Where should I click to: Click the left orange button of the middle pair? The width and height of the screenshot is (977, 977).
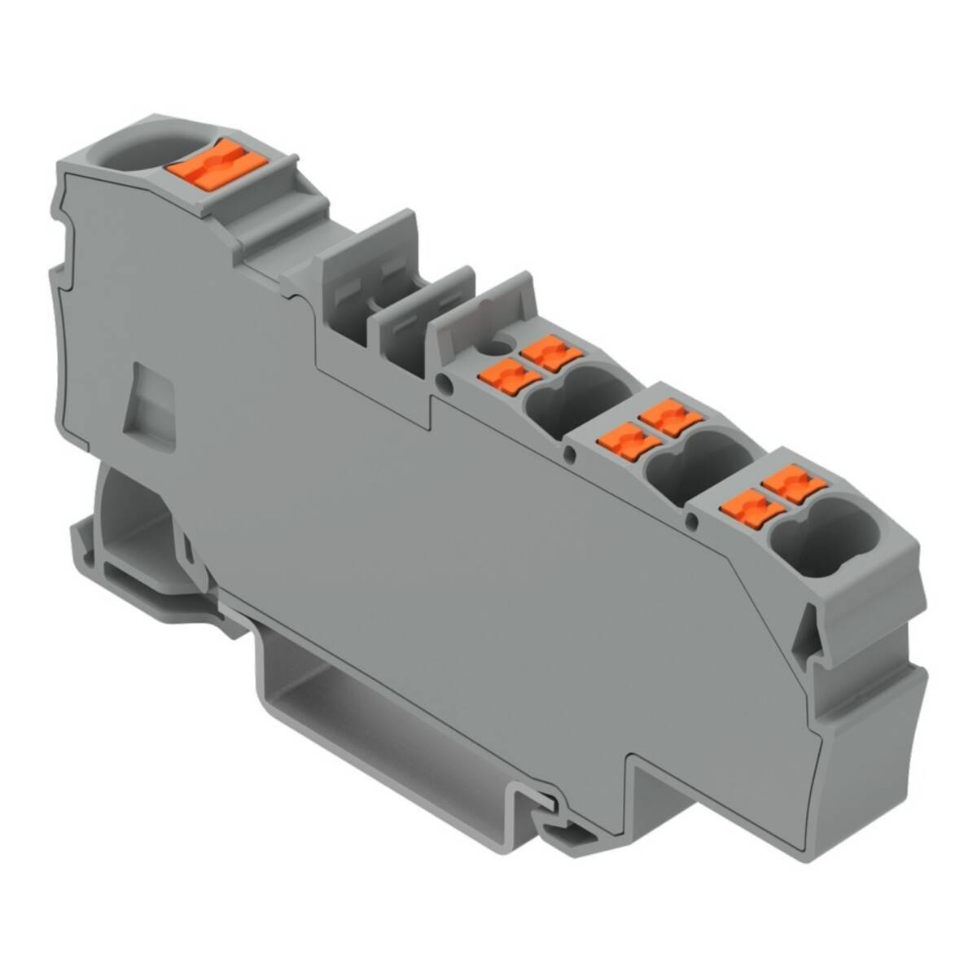619,440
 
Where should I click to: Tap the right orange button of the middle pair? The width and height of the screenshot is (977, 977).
670,415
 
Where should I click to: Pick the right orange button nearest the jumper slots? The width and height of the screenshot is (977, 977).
552,353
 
